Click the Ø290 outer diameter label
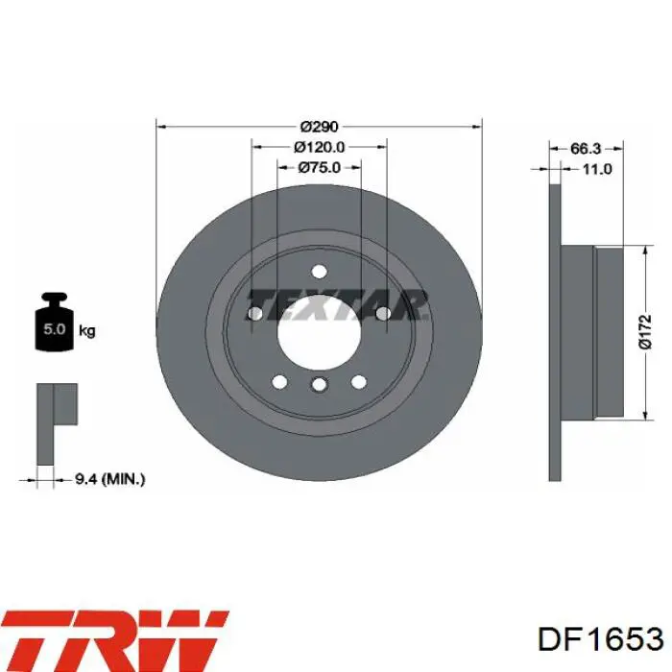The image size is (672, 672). (320, 127)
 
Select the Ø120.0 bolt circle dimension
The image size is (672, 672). (320, 147)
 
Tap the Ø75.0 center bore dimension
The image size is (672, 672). (320, 167)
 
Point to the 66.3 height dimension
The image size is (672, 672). (586, 149)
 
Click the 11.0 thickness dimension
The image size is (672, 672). (597, 169)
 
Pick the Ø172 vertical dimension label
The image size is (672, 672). (645, 332)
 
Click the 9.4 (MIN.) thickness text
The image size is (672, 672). (110, 479)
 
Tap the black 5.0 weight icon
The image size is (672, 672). (55, 322)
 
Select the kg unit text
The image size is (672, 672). (87, 331)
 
